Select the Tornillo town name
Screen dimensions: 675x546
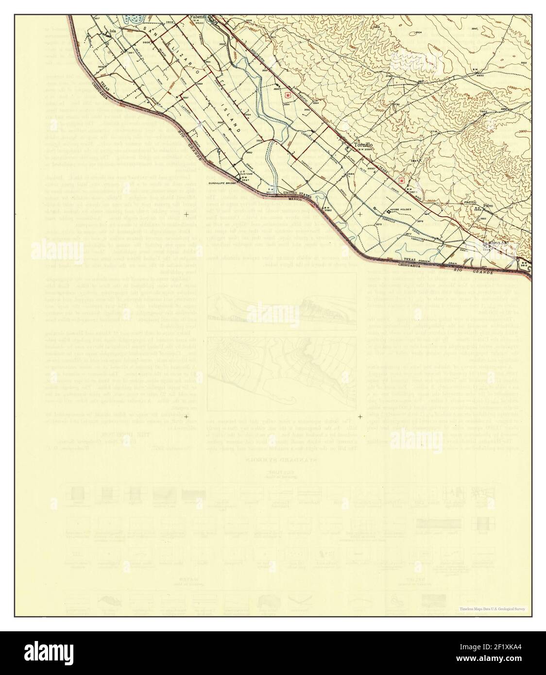click(363, 145)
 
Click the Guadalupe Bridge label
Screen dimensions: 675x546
click(222, 184)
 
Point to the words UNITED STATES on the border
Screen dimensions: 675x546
click(297, 193)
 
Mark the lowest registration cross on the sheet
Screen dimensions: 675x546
click(360, 417)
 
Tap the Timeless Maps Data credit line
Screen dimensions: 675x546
click(495, 609)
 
